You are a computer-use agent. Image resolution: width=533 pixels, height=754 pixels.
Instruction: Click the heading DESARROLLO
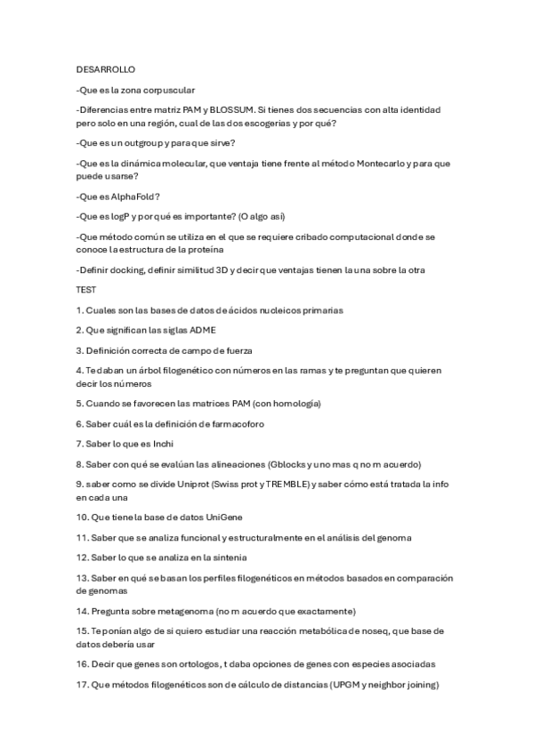(x=106, y=68)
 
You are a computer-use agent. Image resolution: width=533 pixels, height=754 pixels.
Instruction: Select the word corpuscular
(x=167, y=89)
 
